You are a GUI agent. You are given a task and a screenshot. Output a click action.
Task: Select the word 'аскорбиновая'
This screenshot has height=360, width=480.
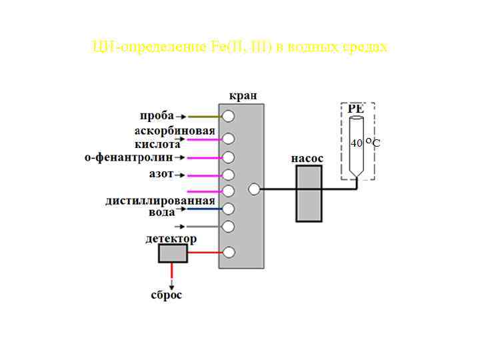(174, 130)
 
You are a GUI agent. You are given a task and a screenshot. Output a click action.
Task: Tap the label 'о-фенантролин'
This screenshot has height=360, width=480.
(128, 157)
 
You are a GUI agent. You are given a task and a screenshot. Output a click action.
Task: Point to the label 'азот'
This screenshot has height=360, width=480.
(161, 174)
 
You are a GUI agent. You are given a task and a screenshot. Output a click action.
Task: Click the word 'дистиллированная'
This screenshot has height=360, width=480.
(160, 200)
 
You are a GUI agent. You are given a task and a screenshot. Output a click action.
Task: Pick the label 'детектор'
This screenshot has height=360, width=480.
(171, 238)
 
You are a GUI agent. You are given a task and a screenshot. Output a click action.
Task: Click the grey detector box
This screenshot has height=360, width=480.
(173, 253)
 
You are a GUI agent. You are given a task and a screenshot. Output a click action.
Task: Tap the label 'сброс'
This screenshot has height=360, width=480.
(166, 295)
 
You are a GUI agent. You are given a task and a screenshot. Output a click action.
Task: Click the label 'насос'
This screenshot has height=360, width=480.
(307, 159)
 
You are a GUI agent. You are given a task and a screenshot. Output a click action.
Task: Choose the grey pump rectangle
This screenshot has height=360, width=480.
(309, 193)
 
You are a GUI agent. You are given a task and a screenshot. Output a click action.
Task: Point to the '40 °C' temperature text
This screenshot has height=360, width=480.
(366, 143)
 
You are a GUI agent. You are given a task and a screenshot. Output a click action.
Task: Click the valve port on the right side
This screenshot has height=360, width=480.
(254, 189)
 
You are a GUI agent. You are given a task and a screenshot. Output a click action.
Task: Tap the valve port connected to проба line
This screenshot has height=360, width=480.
(229, 116)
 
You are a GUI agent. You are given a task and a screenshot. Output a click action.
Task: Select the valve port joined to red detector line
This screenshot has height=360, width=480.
(229, 253)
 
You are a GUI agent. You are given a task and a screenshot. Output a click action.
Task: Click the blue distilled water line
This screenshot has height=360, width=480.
(203, 209)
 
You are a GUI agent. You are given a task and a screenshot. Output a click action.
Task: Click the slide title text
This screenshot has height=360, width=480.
(239, 47)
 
